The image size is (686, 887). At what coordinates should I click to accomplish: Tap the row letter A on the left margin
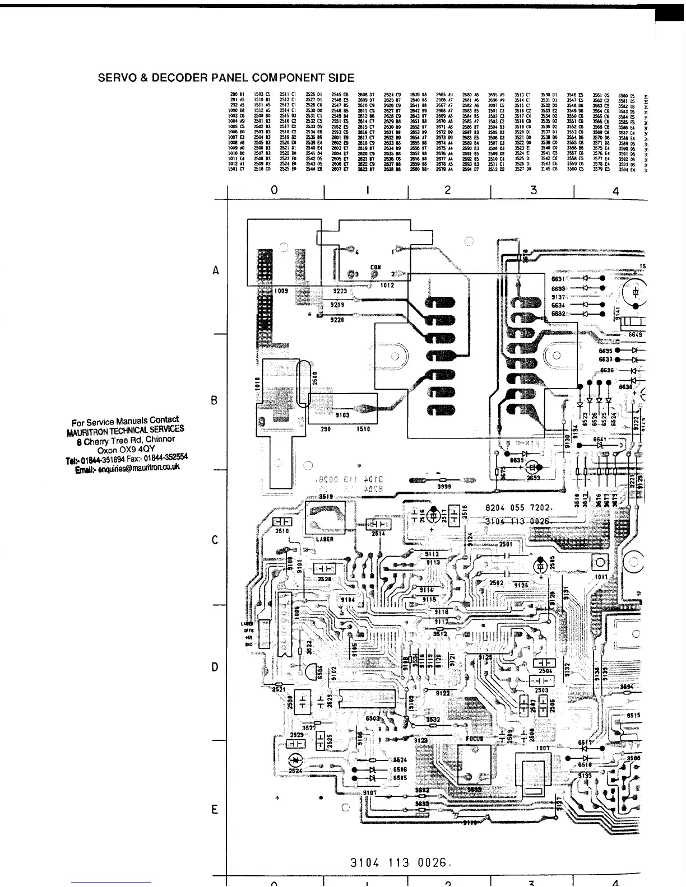point(216,271)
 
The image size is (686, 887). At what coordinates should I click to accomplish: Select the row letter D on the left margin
point(215,667)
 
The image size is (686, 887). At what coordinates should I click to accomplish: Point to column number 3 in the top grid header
point(533,190)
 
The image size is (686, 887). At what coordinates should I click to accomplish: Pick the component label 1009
point(282,291)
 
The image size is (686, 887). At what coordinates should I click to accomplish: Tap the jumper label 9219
point(337,305)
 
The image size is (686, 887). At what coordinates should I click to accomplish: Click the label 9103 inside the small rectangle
point(342,415)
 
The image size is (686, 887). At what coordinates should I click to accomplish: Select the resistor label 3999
point(444,487)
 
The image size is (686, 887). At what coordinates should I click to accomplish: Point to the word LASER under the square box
point(325,539)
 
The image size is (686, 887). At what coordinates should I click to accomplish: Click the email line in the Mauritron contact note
point(127,467)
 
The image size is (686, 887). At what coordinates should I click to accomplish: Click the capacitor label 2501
point(506,544)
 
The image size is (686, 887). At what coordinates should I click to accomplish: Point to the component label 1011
point(601,576)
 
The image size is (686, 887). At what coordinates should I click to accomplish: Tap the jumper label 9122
point(443,693)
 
